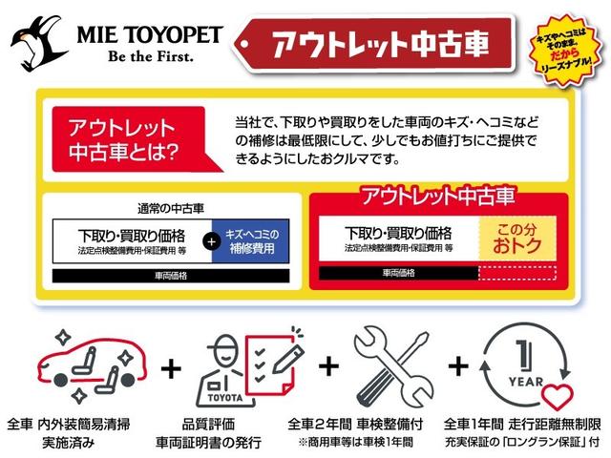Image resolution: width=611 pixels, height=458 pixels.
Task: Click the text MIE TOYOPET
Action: pyautogui.click(x=145, y=33)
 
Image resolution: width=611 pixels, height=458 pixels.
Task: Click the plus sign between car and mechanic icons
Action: pyautogui.click(x=173, y=366)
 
